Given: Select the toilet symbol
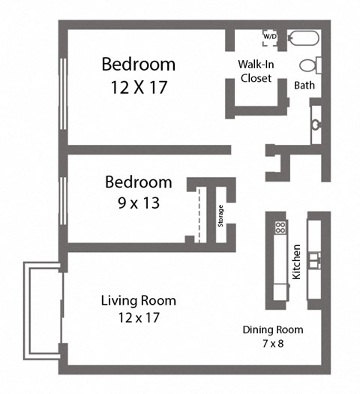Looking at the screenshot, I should [310, 65].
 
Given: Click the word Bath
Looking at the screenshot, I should [304, 85].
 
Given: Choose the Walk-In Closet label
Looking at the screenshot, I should [255, 70].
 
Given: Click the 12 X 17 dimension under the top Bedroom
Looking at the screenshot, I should [139, 87].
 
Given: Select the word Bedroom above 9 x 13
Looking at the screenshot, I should [138, 182].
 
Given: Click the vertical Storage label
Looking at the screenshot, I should [220, 215].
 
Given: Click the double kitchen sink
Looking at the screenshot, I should [314, 260].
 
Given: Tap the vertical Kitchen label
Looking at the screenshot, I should [297, 261].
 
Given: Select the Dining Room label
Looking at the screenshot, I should [272, 329].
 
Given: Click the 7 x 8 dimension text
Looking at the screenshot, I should [272, 344].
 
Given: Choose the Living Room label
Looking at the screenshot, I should [138, 301].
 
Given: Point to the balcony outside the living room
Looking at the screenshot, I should [42, 311].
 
